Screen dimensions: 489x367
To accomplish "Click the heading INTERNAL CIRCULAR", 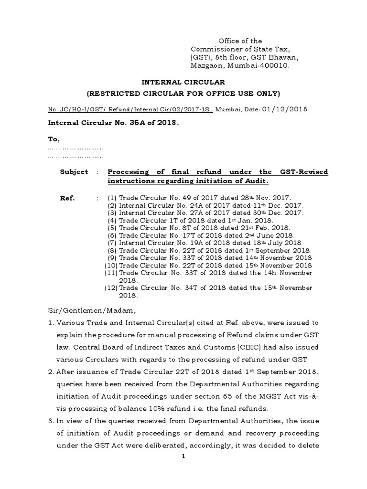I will pos(183,83).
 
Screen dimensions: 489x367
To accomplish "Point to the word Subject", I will pos(74,172).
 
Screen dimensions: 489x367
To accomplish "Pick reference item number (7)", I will pos(112,243).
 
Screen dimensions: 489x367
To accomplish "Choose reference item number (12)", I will pos(111,288).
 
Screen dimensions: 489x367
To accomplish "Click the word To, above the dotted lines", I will pos(54,139).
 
